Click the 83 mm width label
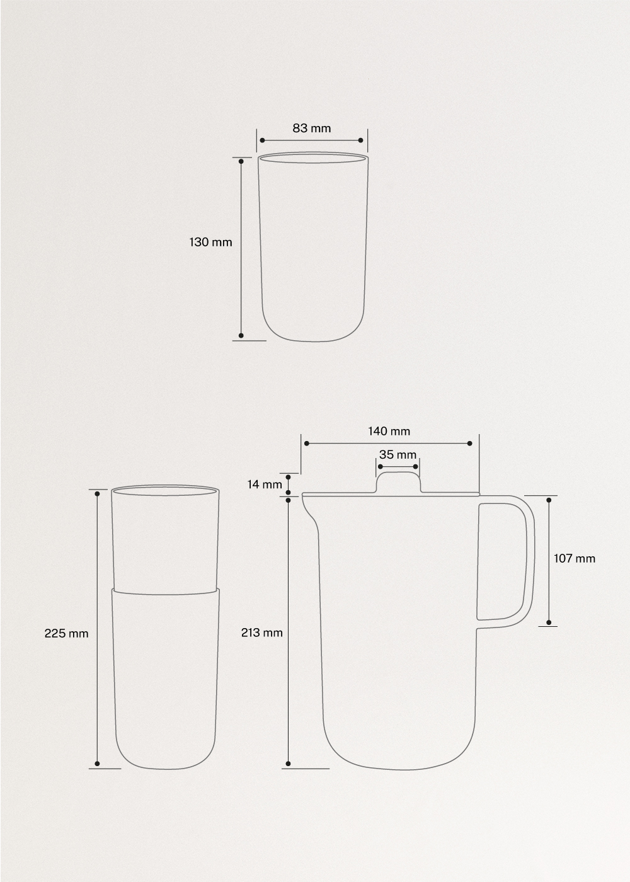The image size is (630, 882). coord(311,129)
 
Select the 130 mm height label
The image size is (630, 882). coord(211,242)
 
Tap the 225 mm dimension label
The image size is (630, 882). coord(66,633)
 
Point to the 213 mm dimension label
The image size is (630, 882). coord(262,633)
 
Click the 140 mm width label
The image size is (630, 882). coord(389,432)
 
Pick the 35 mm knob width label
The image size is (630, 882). coord(398,455)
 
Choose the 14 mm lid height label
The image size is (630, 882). coord(265,484)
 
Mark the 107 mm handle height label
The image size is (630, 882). coord(574,558)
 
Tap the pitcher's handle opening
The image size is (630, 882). coord(502,561)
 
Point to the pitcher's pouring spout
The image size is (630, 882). coord(308,508)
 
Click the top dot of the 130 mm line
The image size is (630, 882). coord(241,161)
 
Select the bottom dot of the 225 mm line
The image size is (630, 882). coord(97,764)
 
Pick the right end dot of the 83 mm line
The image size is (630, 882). coord(361,140)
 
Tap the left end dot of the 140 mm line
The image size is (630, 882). coord(306,444)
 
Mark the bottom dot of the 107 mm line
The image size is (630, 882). coord(549,622)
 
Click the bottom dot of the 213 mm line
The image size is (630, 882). coord(288,764)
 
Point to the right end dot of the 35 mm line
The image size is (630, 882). coord(416,467)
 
